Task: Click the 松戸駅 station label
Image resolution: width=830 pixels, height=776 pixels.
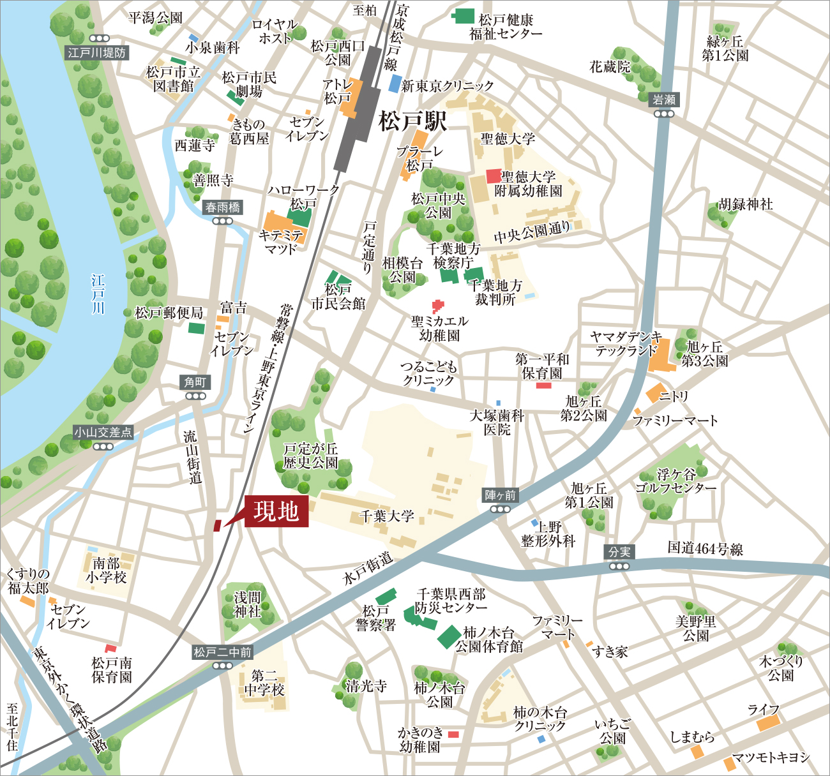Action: click(x=412, y=121)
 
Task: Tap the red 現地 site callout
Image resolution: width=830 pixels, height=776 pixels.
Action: click(x=276, y=511)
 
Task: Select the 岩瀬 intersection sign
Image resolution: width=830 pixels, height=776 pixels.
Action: click(x=664, y=100)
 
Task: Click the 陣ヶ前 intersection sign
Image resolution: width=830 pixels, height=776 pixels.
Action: click(x=500, y=495)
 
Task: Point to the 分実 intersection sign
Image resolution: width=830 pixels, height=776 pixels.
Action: click(x=619, y=552)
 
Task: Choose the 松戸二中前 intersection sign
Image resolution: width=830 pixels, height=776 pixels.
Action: click(x=223, y=652)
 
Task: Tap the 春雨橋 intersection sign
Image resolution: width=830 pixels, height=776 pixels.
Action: click(x=223, y=207)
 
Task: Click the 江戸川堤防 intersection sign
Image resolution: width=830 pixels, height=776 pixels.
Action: click(x=97, y=52)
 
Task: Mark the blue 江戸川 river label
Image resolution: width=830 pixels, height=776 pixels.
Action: click(x=98, y=294)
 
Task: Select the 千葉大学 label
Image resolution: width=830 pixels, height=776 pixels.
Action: click(x=387, y=516)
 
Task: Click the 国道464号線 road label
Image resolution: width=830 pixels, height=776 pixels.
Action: click(x=705, y=548)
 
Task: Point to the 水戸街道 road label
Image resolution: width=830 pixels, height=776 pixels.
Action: click(x=368, y=568)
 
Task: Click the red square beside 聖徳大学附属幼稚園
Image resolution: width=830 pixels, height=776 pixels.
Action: click(x=493, y=175)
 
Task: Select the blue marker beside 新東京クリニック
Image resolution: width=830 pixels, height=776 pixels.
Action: click(x=395, y=84)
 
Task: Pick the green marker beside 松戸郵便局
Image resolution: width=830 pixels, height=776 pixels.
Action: click(x=196, y=329)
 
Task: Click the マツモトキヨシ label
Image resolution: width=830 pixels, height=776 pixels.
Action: click(x=771, y=757)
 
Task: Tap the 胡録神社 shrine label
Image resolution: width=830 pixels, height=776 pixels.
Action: click(x=745, y=204)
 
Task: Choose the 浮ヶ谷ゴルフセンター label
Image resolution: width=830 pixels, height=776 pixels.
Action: click(x=675, y=481)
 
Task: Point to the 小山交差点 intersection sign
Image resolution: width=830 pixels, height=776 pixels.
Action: click(x=103, y=433)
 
